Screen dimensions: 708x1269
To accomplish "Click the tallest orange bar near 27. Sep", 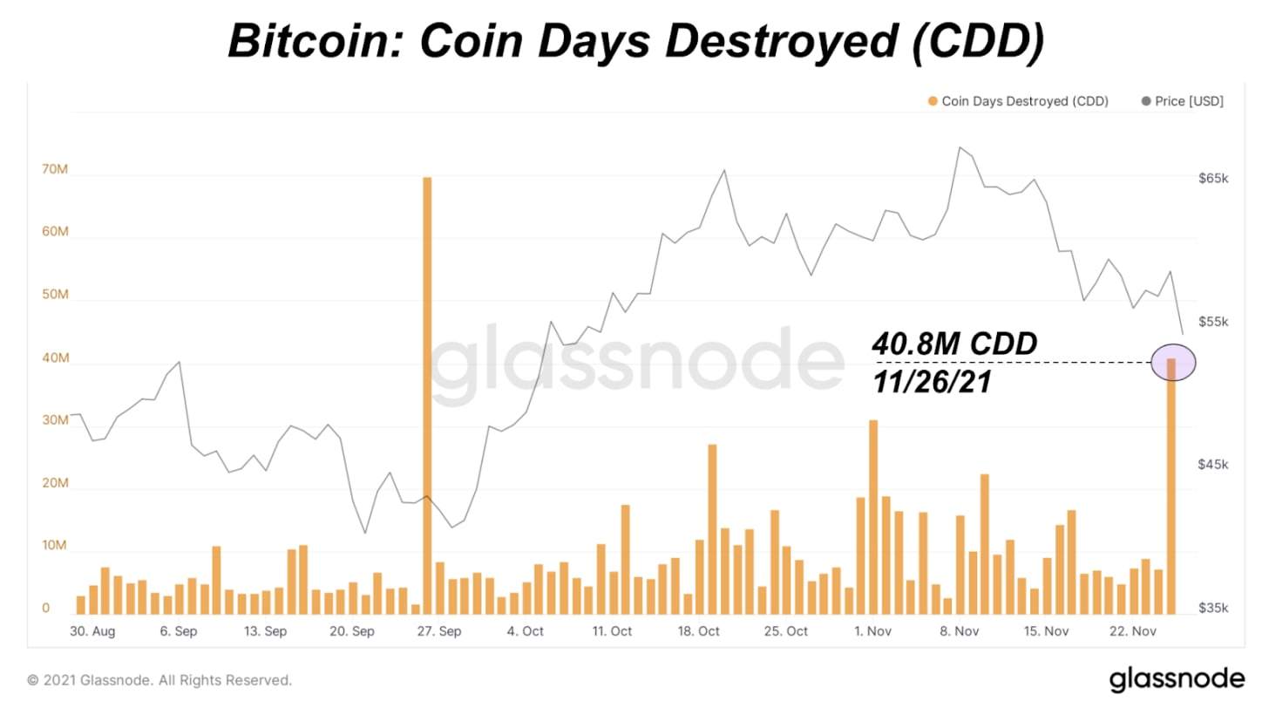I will click(x=427, y=392).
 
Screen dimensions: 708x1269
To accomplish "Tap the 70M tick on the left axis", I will click(x=55, y=169).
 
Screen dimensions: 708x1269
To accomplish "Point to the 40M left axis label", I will click(x=55, y=357).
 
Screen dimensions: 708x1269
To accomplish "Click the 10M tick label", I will click(x=55, y=546).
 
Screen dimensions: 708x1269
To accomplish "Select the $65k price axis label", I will click(x=1213, y=178).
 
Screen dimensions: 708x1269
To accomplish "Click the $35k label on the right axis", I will click(x=1213, y=608).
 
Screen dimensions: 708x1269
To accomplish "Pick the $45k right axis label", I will click(x=1213, y=465).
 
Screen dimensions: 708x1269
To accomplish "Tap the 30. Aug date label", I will click(x=92, y=630).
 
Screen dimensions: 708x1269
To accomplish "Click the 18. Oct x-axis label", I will click(x=698, y=630).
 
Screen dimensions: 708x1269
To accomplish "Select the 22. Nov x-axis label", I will click(x=1131, y=630).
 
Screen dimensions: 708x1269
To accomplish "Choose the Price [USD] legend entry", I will click(x=1189, y=101).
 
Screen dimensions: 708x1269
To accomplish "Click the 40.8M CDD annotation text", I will click(x=955, y=344).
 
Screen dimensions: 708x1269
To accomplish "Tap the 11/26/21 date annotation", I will click(x=932, y=381).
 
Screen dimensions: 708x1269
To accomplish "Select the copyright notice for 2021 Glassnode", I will click(x=159, y=679).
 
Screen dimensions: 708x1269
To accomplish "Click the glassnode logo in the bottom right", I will click(x=1177, y=678).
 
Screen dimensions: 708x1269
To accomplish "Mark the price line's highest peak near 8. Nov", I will click(x=960, y=147).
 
